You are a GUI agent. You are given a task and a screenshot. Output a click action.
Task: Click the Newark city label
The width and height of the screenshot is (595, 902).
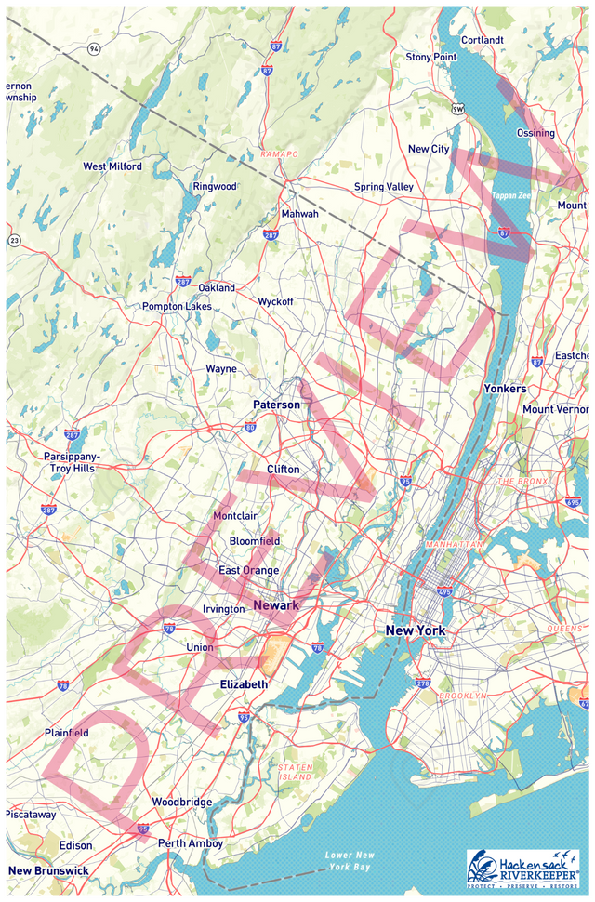point(275,605)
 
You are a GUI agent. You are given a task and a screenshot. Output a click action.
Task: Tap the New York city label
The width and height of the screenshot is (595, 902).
point(416,630)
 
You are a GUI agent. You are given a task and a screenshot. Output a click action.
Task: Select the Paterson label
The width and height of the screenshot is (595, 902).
point(277,405)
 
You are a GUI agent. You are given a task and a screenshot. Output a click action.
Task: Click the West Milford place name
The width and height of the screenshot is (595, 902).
point(112,166)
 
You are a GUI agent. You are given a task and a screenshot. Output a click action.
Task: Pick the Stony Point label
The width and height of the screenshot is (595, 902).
point(431,57)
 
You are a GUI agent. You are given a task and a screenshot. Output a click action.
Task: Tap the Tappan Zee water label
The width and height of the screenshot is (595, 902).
point(510,196)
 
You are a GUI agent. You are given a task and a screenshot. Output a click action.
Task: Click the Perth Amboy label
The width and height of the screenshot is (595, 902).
point(190,843)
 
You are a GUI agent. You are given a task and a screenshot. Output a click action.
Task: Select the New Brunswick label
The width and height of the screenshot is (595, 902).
point(48,870)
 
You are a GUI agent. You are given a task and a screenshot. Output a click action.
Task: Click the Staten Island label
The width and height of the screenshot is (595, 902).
point(296,771)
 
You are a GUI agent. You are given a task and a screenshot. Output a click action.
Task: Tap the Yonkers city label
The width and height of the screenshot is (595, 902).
point(505,389)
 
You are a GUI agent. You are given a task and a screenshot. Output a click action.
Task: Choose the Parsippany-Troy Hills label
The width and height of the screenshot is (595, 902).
point(73,462)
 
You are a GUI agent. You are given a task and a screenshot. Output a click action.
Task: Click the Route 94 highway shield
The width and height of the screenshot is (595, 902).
point(94,47)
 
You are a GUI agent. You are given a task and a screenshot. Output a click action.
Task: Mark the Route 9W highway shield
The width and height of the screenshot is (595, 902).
point(457,110)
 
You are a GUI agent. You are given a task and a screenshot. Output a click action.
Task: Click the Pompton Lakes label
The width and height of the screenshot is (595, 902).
point(177,306)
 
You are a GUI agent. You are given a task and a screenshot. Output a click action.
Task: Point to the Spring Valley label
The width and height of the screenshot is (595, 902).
point(383,187)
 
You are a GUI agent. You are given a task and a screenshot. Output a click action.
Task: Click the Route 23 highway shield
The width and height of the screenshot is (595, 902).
point(14,241)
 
